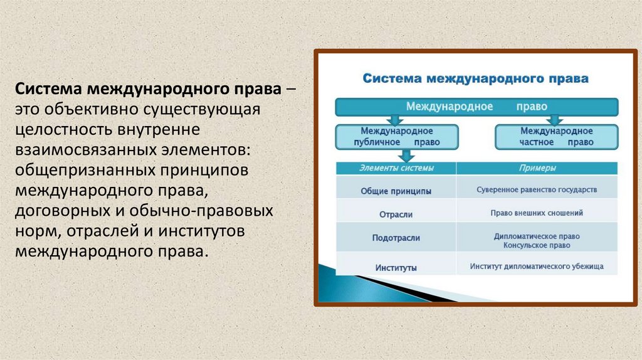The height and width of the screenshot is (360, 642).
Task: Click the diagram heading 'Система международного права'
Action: pos(476,79)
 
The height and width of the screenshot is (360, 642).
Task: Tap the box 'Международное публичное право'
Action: pos(396,137)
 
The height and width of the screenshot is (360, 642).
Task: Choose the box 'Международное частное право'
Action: pos(556,137)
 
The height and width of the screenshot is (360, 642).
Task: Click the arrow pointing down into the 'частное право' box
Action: pos(555,120)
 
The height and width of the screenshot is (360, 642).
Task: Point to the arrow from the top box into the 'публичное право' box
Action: pos(396,120)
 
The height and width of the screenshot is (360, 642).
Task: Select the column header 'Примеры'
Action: pos(537,168)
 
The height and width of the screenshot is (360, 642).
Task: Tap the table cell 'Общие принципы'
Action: pos(396,190)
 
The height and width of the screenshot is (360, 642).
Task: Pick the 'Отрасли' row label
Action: pos(396,214)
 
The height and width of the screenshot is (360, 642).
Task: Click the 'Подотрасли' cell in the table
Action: pos(396,238)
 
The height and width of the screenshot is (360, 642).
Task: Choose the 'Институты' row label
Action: pos(396,267)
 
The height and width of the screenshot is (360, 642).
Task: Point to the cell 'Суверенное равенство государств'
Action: pos(537,189)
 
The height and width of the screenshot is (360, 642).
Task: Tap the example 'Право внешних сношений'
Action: pos(537,213)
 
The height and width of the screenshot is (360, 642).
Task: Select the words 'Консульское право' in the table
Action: pos(537,245)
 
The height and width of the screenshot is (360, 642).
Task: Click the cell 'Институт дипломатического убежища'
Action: pos(537,267)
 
